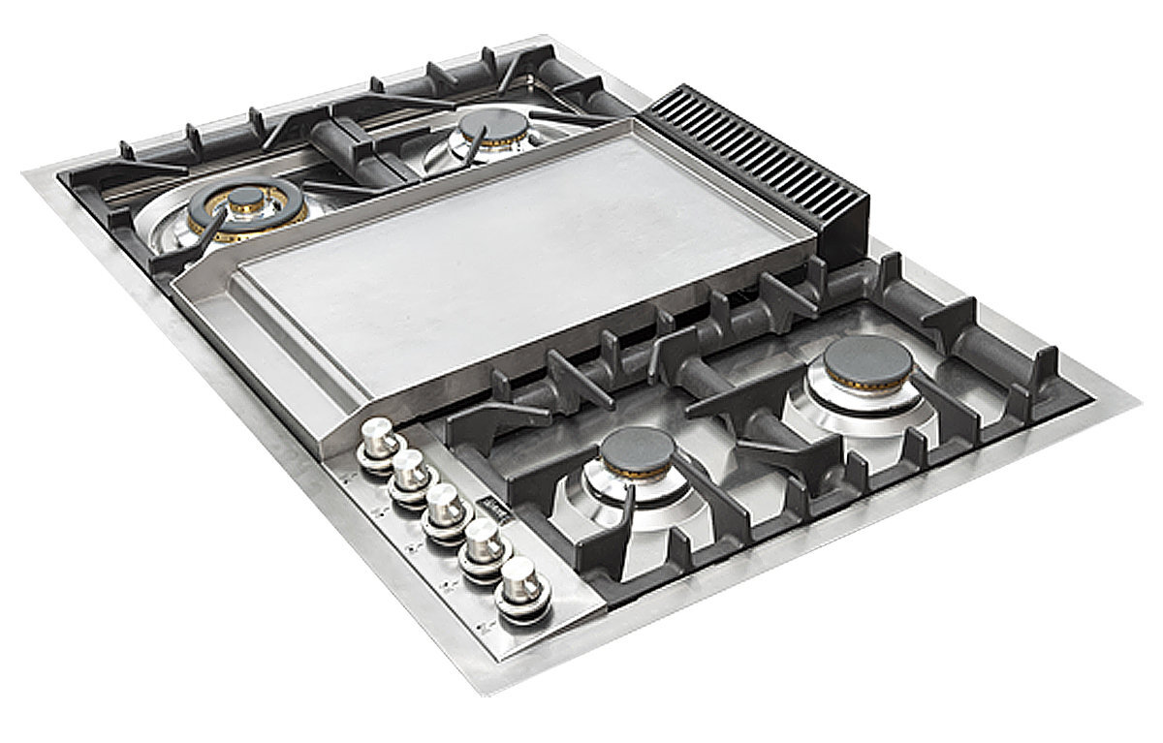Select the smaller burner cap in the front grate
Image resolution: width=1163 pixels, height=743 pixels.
coord(636,450)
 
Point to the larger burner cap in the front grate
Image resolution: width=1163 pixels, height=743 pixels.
coord(867,362)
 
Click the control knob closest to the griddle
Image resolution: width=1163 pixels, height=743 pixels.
coord(379,439)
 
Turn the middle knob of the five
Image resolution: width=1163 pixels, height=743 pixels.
coord(444,503)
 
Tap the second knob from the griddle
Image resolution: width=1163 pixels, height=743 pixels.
coord(410,471)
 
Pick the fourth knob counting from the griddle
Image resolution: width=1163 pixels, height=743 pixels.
coord(480,543)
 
